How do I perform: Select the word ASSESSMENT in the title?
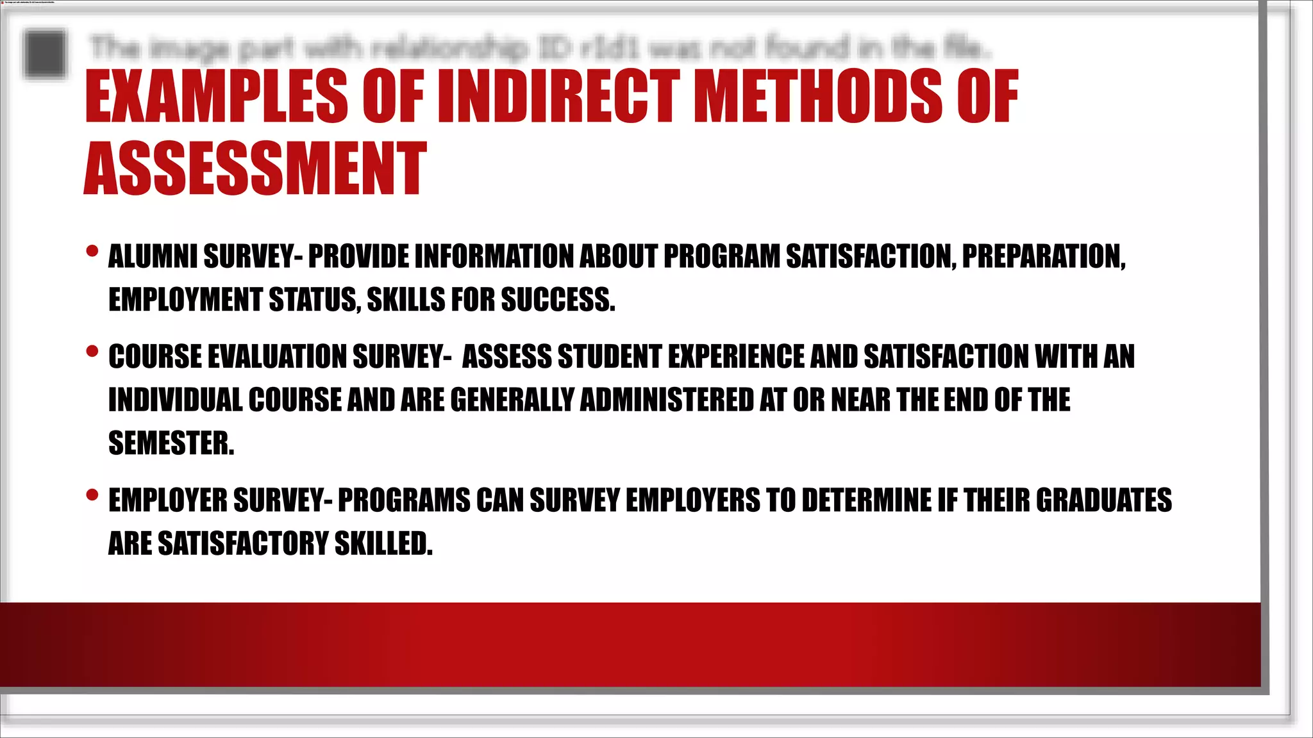coord(255,169)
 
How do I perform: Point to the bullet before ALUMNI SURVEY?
coord(92,251)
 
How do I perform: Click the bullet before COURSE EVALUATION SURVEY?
coord(92,351)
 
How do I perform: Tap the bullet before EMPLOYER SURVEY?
coord(92,495)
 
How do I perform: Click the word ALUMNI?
coord(153,257)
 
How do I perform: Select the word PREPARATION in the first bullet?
coord(1043,257)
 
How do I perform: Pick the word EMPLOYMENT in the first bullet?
coord(185,300)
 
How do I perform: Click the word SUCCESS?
coord(558,300)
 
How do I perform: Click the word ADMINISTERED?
coord(666,400)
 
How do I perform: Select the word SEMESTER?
coord(171,443)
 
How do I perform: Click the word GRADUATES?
coord(1103,500)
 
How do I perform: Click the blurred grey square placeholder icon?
coord(45,54)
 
